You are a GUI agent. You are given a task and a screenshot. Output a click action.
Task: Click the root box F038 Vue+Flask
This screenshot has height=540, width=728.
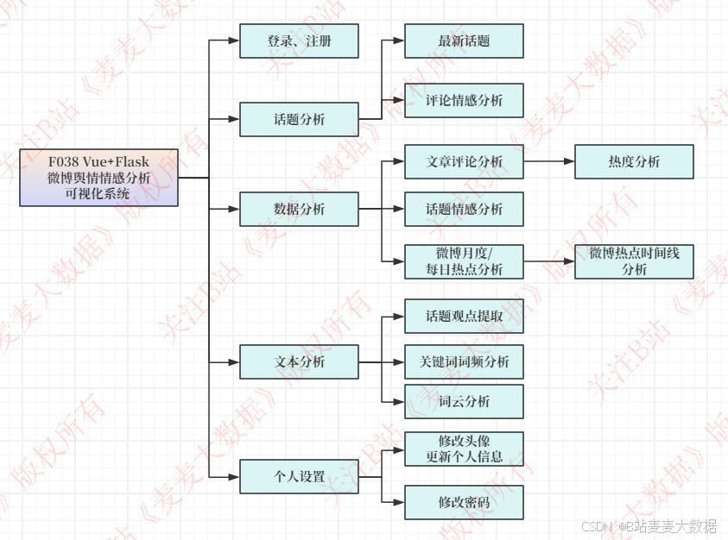click(98, 178)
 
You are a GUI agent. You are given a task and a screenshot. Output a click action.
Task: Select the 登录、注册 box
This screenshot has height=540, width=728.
click(299, 41)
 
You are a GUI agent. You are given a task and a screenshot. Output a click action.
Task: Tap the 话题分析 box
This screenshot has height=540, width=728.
click(299, 119)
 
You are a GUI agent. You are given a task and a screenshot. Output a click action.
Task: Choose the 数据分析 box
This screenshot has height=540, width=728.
click(299, 209)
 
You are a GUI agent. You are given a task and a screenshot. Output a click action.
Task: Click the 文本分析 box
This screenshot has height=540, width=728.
click(299, 361)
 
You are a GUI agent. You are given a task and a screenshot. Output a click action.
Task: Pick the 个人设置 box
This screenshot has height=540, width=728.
click(299, 476)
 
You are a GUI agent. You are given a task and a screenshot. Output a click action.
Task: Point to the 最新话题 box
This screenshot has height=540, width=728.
click(464, 41)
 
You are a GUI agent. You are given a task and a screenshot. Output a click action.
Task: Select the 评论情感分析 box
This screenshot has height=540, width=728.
click(464, 100)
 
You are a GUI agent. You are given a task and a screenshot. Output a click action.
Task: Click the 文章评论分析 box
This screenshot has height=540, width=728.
click(464, 161)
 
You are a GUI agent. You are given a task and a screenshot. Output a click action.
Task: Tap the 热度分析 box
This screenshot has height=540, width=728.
click(634, 161)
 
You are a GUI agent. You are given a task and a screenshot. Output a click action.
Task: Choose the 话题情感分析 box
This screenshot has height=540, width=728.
click(464, 209)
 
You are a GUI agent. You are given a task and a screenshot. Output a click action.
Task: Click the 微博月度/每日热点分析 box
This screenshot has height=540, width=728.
click(464, 261)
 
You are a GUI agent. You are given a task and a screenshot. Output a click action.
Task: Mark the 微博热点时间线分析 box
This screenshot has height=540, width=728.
click(634, 261)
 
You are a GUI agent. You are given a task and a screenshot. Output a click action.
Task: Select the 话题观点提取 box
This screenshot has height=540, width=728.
click(464, 316)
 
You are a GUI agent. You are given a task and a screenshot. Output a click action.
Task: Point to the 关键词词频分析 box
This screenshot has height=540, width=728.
click(464, 361)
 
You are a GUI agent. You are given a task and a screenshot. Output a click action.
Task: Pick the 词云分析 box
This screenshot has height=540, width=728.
click(464, 401)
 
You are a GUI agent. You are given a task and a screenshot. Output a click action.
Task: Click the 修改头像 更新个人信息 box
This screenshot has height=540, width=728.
click(464, 449)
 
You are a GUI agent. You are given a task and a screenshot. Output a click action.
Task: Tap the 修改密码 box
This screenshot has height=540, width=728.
click(464, 502)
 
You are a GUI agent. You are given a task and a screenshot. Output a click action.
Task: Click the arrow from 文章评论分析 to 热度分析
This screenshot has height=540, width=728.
click(549, 161)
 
